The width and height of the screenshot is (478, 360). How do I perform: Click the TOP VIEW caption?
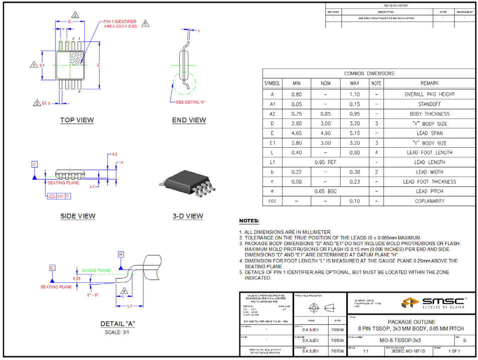point(77,120)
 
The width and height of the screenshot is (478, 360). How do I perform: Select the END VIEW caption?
point(189,120)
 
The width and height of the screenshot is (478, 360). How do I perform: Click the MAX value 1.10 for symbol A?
point(355,94)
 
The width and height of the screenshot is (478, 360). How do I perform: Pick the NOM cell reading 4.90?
point(325,133)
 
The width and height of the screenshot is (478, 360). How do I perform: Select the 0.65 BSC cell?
point(325,191)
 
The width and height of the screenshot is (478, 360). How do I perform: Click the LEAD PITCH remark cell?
point(429,191)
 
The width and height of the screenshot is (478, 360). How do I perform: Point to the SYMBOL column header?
point(272,84)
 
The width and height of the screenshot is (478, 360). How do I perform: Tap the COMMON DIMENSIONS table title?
point(369,74)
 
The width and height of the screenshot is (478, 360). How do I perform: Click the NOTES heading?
point(249,221)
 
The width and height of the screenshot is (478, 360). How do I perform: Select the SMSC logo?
point(432,302)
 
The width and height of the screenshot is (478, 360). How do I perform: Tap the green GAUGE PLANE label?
point(96,270)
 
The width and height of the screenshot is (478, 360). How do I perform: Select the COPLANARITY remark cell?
point(429,201)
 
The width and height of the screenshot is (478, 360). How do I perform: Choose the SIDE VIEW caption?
point(78,216)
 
